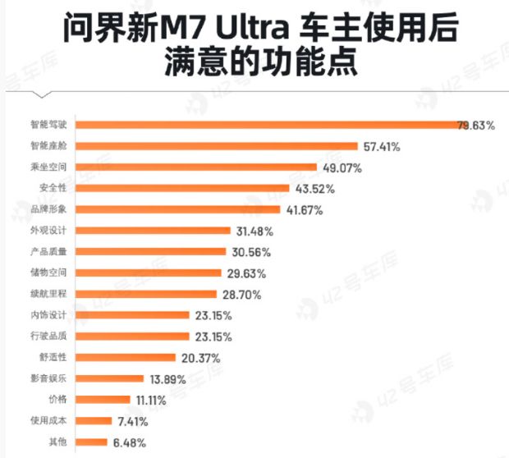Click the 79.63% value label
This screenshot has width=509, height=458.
[476, 125]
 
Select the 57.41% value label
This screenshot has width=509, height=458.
[381, 146]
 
